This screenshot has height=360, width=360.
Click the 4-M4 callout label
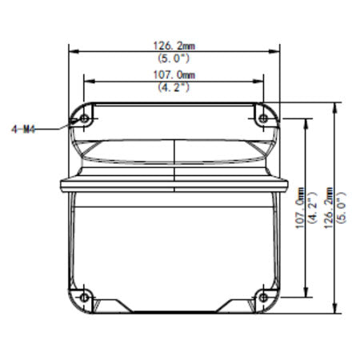click(x=24, y=126)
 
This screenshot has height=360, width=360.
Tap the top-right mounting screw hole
click(x=265, y=119)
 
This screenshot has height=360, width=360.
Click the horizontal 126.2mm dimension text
click(x=174, y=46)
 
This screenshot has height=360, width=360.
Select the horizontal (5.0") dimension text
click(x=174, y=58)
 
